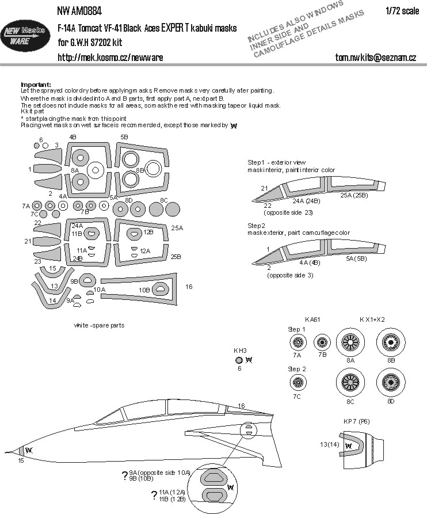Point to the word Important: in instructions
tap(36, 85)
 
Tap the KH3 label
tap(240, 350)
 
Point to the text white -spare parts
tap(99, 325)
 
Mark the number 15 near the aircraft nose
tap(21, 461)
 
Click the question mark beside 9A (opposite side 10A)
tap(125, 475)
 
